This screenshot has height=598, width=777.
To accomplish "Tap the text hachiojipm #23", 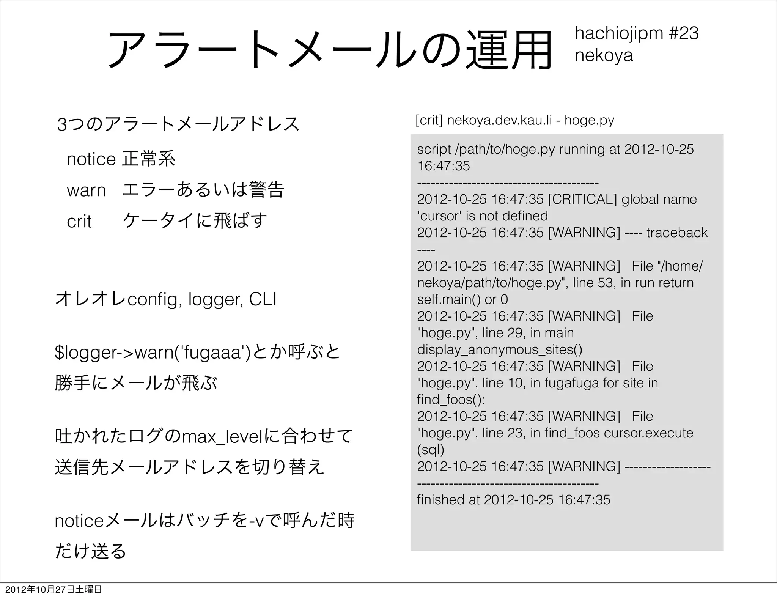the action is [x=637, y=33].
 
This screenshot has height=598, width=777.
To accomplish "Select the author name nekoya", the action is [x=604, y=55].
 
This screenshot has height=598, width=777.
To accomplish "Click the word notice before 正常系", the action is [x=91, y=159].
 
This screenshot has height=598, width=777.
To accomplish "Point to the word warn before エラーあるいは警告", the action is [x=86, y=190].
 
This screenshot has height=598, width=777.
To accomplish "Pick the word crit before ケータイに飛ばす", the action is [x=79, y=221].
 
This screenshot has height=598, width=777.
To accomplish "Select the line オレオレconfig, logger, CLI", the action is [x=166, y=299].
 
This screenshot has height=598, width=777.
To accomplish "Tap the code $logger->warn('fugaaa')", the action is [x=153, y=353].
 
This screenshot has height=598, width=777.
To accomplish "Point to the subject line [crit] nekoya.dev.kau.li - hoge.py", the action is [x=514, y=120].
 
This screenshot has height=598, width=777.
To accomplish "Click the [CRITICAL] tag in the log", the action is [x=582, y=199].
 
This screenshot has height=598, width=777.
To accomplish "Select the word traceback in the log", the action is [x=677, y=233].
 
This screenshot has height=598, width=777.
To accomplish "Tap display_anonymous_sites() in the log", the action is [x=500, y=349].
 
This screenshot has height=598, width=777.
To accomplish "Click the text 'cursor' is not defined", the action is [x=483, y=216].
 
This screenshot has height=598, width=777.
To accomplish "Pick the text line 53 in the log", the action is [x=595, y=283].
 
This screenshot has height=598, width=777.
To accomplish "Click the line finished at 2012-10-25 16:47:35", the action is [x=513, y=500].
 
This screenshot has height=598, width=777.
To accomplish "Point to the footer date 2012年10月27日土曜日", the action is [x=53, y=590].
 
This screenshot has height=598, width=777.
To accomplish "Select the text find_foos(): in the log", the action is [x=451, y=400].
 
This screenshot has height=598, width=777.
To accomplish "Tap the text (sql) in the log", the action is [x=430, y=450].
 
